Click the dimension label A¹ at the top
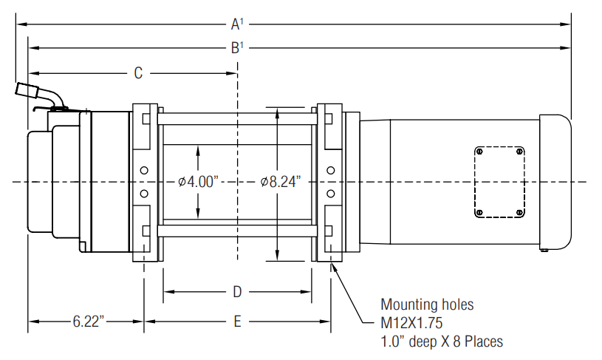click(x=237, y=24)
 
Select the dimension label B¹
click(x=237, y=48)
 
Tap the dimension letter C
click(x=138, y=73)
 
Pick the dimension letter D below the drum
click(x=237, y=292)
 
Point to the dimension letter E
click(x=237, y=322)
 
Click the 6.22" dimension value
click(x=89, y=322)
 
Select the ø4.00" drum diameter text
click(x=198, y=181)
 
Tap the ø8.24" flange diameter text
click(x=280, y=181)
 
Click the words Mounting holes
click(x=427, y=305)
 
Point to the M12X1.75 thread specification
click(x=411, y=323)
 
